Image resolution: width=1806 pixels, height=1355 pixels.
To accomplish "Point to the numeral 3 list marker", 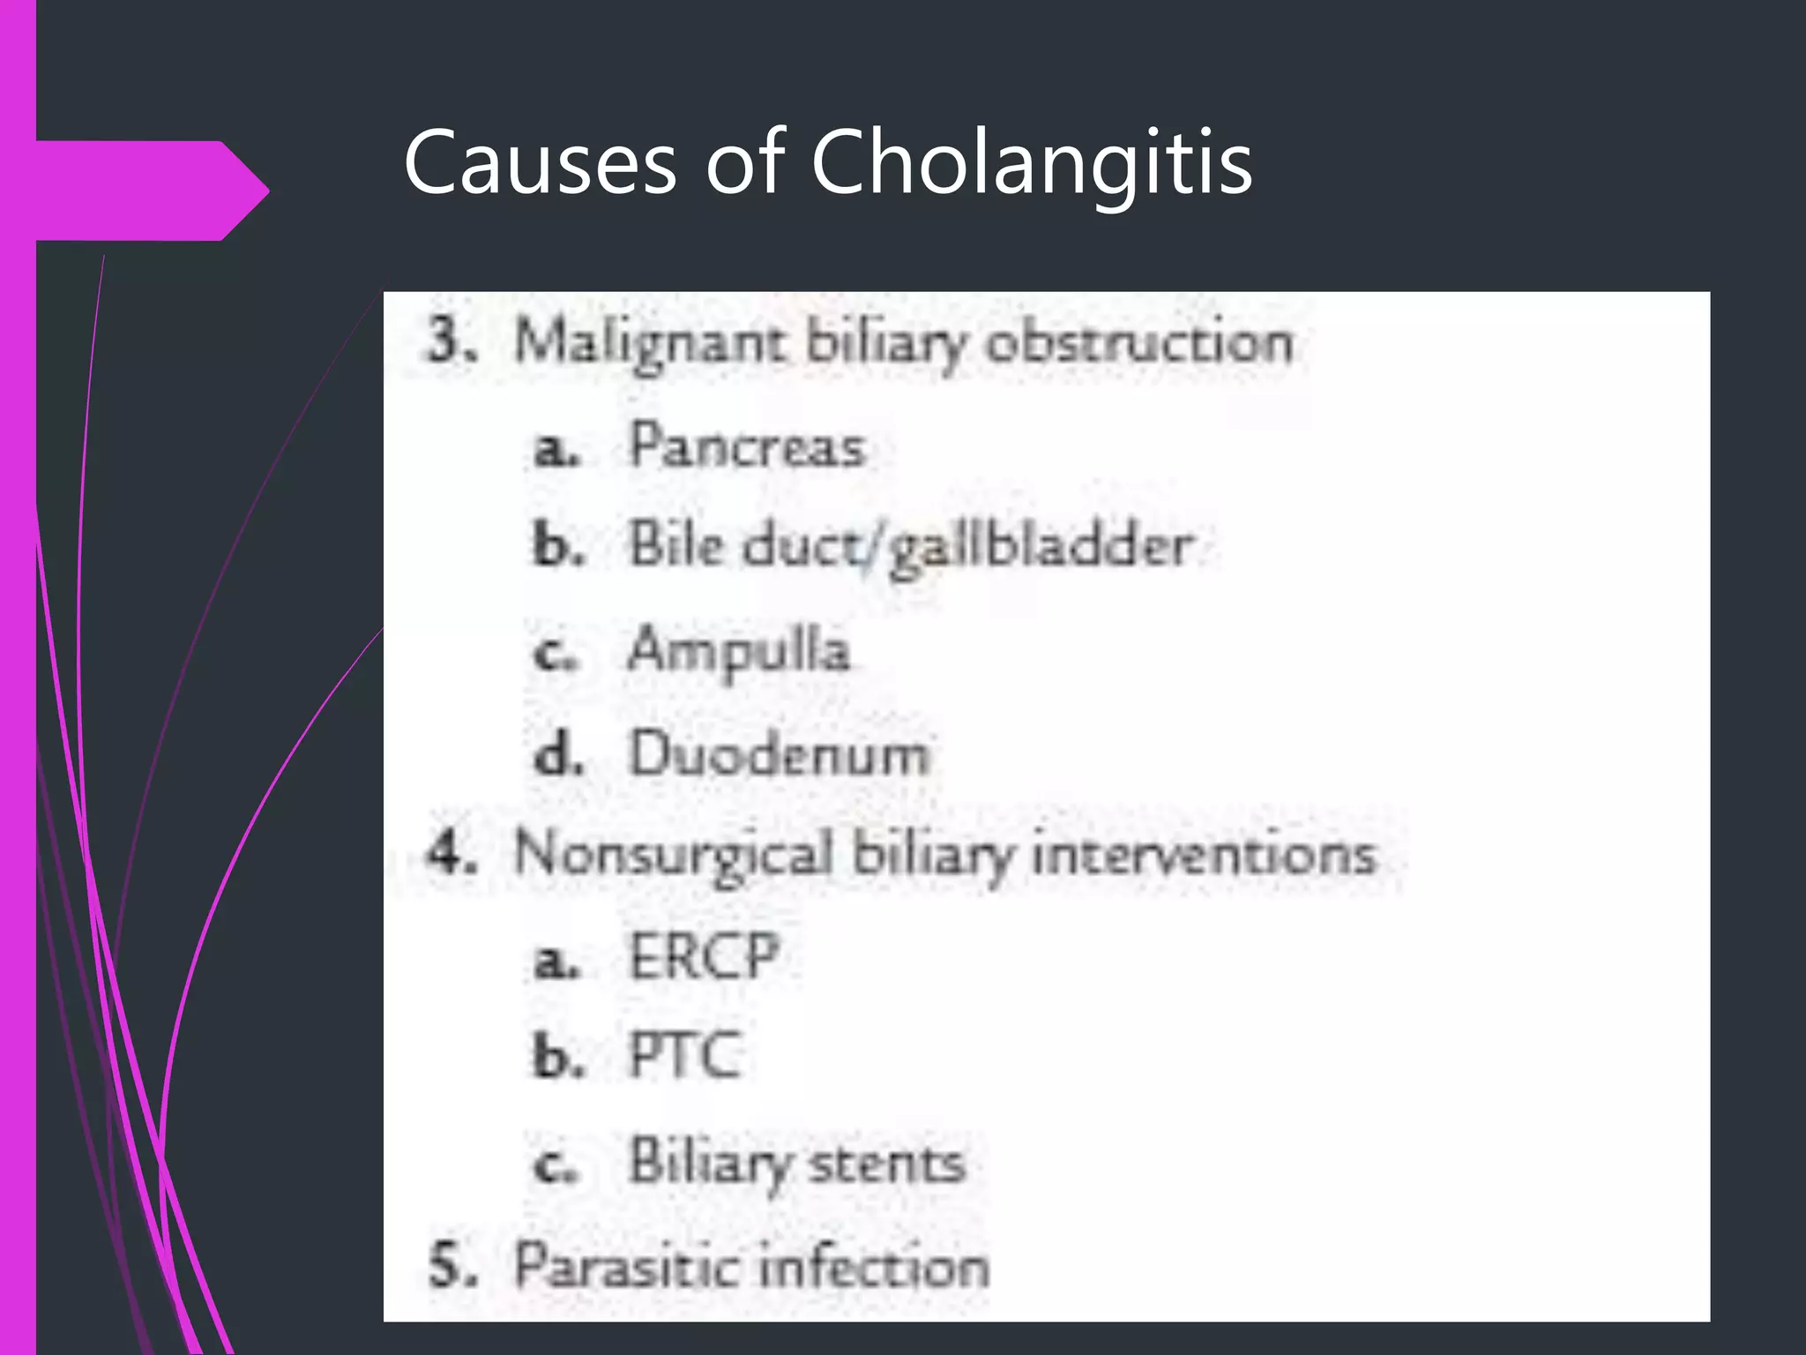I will (450, 341).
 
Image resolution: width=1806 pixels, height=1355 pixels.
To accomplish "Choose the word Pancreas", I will (746, 446).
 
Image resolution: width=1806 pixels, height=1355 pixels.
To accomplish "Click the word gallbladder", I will (1041, 547).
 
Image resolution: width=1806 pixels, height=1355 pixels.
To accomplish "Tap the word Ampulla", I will (739, 651).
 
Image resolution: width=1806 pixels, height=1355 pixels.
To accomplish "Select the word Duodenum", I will (778, 755).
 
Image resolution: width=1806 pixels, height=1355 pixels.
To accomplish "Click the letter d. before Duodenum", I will (557, 755).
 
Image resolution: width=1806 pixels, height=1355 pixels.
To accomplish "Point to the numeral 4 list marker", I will (450, 854).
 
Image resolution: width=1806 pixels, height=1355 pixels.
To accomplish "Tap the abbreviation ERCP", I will (704, 956).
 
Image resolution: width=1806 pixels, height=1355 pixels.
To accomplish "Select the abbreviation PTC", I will (684, 1055).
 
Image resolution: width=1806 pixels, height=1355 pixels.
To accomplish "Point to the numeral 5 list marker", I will (450, 1265).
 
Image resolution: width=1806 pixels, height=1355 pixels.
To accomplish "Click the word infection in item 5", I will (873, 1267).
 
